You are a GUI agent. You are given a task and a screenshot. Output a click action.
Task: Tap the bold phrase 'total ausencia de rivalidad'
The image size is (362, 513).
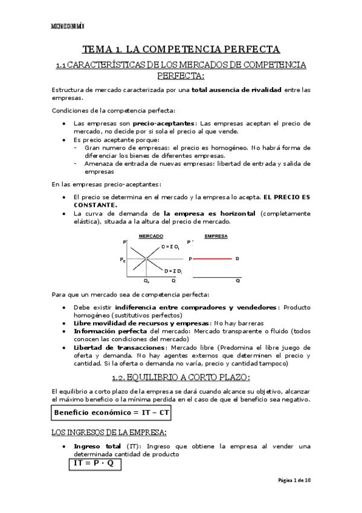point(237,90)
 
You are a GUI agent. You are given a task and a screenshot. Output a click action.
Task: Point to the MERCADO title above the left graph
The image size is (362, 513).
point(151,235)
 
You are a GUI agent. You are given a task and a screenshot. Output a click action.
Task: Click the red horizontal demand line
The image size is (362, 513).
point(213,259)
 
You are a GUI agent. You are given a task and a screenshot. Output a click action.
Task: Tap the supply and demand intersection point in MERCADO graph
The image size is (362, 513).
point(146,259)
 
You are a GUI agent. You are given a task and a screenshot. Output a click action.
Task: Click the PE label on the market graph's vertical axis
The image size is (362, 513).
point(123,259)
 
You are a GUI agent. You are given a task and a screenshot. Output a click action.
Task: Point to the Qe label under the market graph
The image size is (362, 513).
point(146,281)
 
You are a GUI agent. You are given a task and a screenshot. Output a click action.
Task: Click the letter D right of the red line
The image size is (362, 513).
point(237,259)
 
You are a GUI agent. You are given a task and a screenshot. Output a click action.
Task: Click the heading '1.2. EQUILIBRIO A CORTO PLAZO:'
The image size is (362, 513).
point(181,378)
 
